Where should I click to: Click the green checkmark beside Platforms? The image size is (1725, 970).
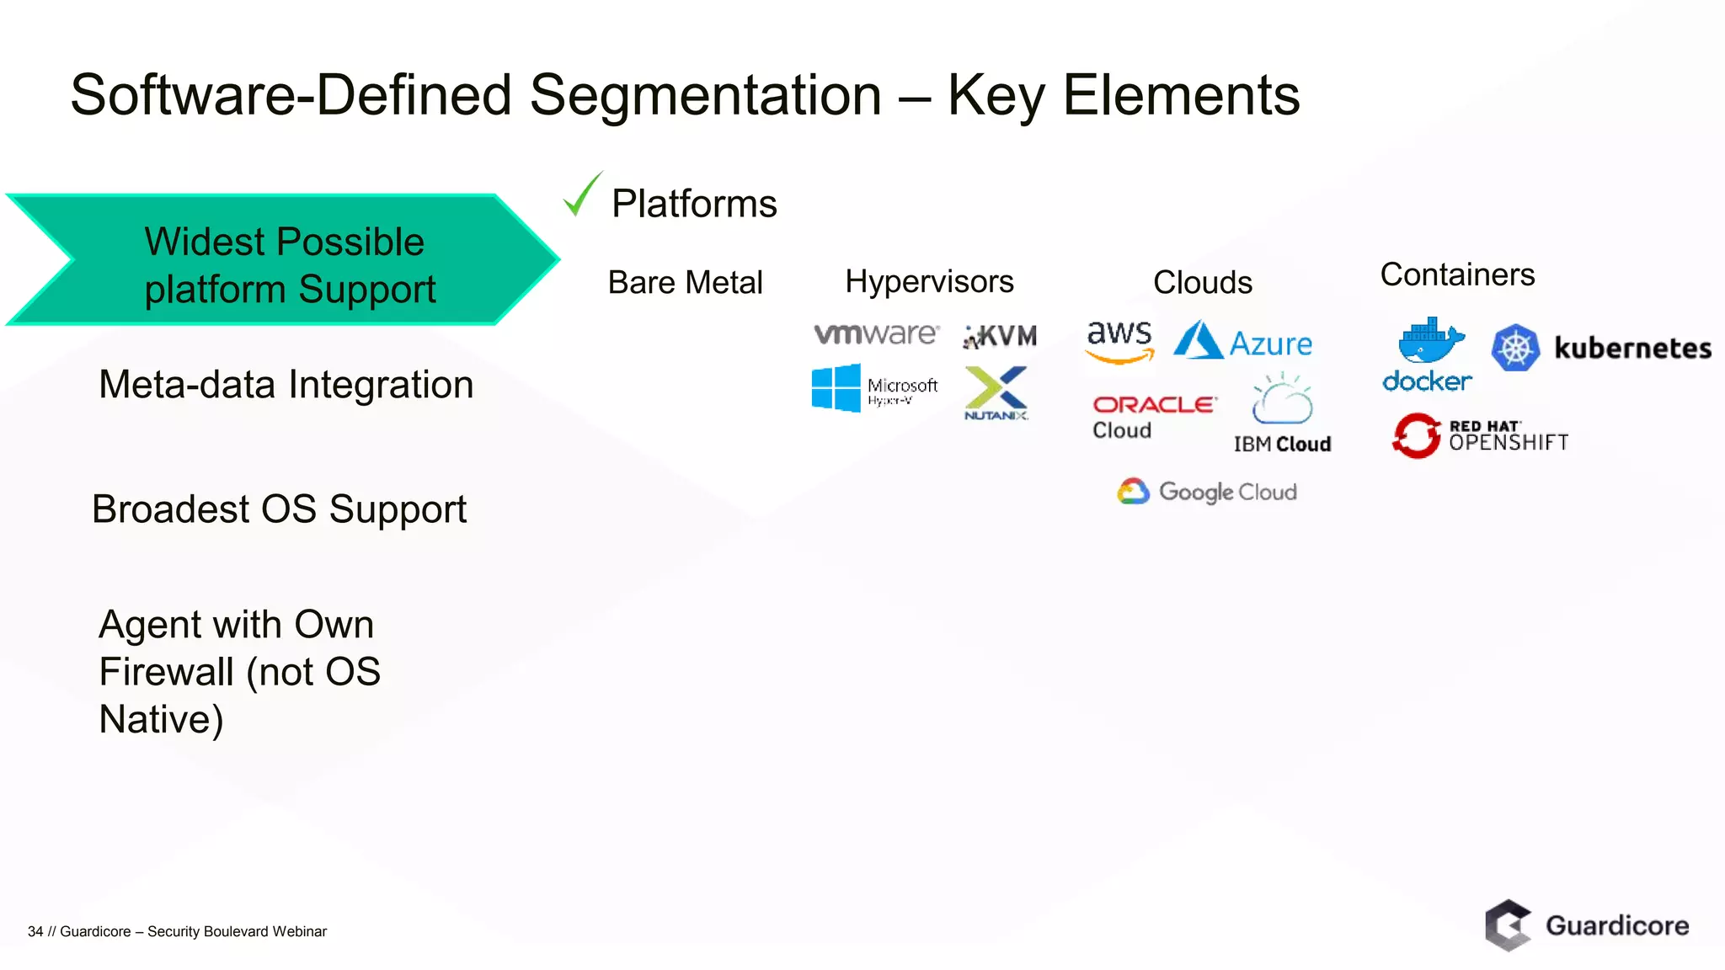[582, 195]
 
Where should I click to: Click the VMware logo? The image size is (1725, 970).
[876, 334]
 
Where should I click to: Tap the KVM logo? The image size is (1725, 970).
[1001, 336]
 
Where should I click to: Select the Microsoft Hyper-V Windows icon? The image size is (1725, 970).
[836, 387]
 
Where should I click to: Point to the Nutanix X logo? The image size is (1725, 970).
[996, 390]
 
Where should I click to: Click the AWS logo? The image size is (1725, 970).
[1119, 341]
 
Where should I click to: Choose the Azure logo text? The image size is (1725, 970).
[1270, 344]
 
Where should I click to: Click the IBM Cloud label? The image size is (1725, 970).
[1282, 444]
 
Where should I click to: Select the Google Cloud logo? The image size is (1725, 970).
[1207, 492]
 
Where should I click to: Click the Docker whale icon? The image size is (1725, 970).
[1430, 341]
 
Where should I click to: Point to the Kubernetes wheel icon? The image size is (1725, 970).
[1515, 348]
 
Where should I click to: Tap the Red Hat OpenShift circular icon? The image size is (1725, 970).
[1417, 435]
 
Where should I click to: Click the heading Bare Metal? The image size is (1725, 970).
[685, 282]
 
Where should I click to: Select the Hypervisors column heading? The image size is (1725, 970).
[929, 281]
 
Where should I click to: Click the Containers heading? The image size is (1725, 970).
[1457, 274]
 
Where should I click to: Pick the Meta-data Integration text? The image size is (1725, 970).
[286, 385]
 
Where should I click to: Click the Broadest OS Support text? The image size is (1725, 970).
[279, 509]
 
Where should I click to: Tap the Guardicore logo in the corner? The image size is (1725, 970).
[1587, 925]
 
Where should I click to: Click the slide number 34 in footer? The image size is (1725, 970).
[35, 931]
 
